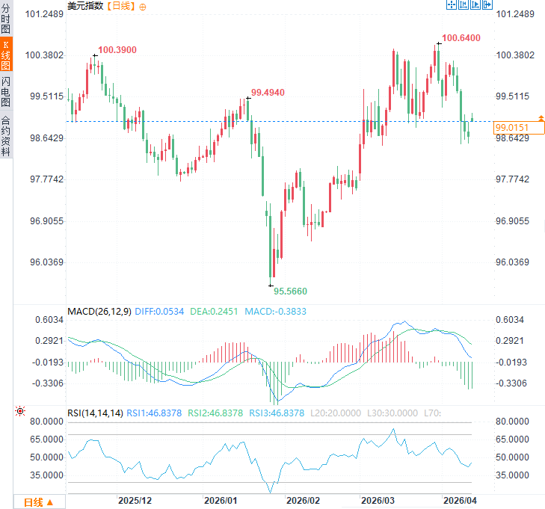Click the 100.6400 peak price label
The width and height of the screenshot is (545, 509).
coord(461,37)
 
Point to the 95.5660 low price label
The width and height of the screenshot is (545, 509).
coord(290,291)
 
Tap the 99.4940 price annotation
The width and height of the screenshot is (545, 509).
coord(268,92)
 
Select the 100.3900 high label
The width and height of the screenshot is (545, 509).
coord(117,49)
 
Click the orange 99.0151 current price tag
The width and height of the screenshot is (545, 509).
coord(511,129)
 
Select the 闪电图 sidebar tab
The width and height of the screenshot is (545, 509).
coord(6,91)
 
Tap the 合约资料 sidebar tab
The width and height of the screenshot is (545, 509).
coord(6,135)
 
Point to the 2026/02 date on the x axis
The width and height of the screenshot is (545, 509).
coord(304,499)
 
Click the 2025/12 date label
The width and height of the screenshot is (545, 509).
coord(136,499)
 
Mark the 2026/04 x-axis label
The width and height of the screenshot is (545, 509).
coord(460,499)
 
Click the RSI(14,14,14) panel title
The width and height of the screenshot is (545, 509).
coord(95,413)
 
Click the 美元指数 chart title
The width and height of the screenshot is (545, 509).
coord(85,6)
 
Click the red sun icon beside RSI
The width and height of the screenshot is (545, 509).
coord(19,412)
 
